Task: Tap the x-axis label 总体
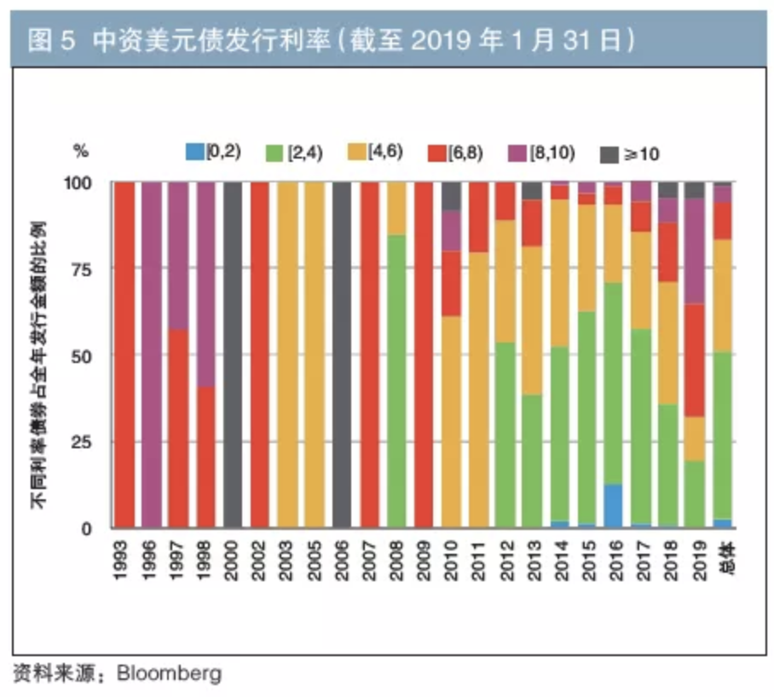(722, 554)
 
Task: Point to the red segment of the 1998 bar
(204, 458)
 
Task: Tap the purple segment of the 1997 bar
(177, 256)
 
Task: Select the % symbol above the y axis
(81, 153)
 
